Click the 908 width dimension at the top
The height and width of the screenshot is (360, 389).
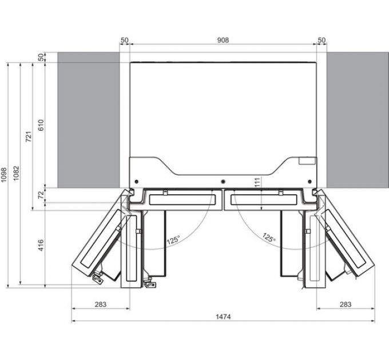click(223, 40)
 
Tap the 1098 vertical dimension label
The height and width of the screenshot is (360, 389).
click(5, 175)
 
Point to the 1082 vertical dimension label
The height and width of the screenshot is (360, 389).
click(17, 174)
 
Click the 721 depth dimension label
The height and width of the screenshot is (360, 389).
click(29, 137)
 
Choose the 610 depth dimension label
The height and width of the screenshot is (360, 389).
click(41, 125)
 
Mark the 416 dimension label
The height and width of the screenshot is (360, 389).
click(41, 246)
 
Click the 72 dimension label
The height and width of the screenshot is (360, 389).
click(41, 195)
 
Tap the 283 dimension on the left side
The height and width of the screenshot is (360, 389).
click(101, 305)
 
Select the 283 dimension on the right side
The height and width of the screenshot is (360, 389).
click(346, 305)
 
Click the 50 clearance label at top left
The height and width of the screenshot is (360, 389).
click(125, 40)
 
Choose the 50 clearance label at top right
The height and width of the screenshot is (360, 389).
click(321, 40)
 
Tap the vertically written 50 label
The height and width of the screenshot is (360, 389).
click(41, 57)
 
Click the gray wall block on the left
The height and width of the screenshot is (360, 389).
click(88, 119)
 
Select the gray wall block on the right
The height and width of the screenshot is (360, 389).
click(354, 119)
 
